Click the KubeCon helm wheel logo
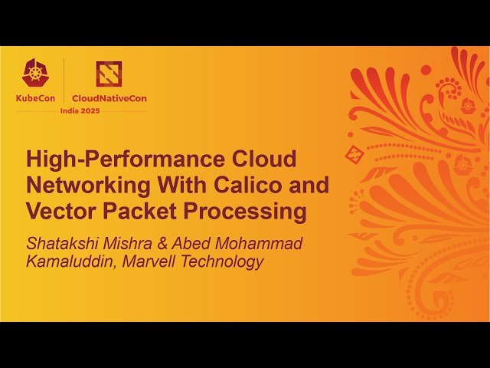tap(34, 74)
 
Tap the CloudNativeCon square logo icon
tap(109, 74)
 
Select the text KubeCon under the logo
tap(35, 98)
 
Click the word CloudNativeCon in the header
tap(109, 98)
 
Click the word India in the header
tap(72, 110)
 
